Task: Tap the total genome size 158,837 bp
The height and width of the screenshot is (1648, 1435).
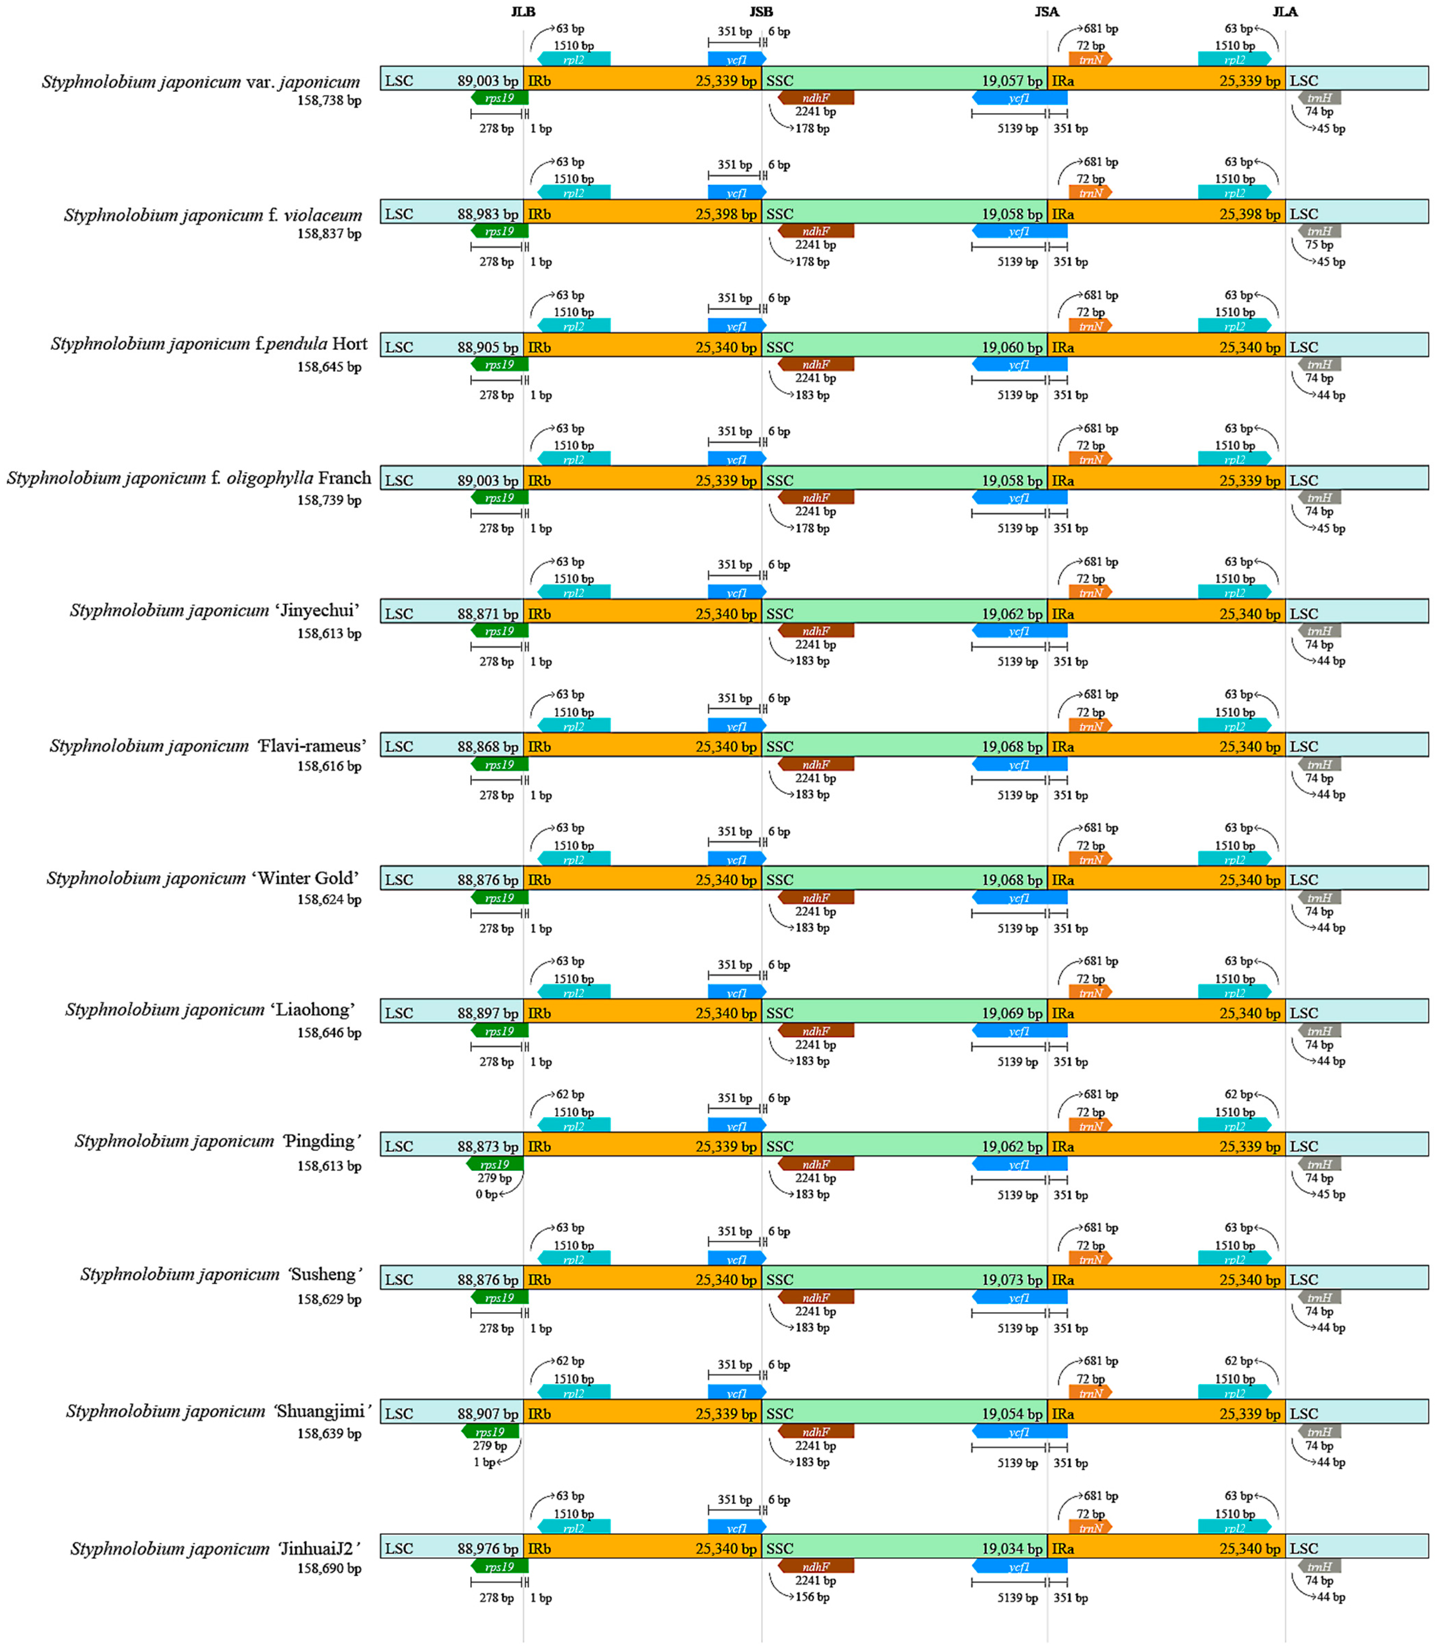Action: point(329,234)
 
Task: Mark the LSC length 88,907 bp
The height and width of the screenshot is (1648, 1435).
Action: point(488,1414)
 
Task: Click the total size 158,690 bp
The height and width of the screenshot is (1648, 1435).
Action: point(329,1569)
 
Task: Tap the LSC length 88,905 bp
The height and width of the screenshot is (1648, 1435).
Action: point(488,347)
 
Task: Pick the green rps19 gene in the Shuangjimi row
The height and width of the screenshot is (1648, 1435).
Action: point(490,1432)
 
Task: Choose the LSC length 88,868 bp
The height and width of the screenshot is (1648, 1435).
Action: point(488,746)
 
